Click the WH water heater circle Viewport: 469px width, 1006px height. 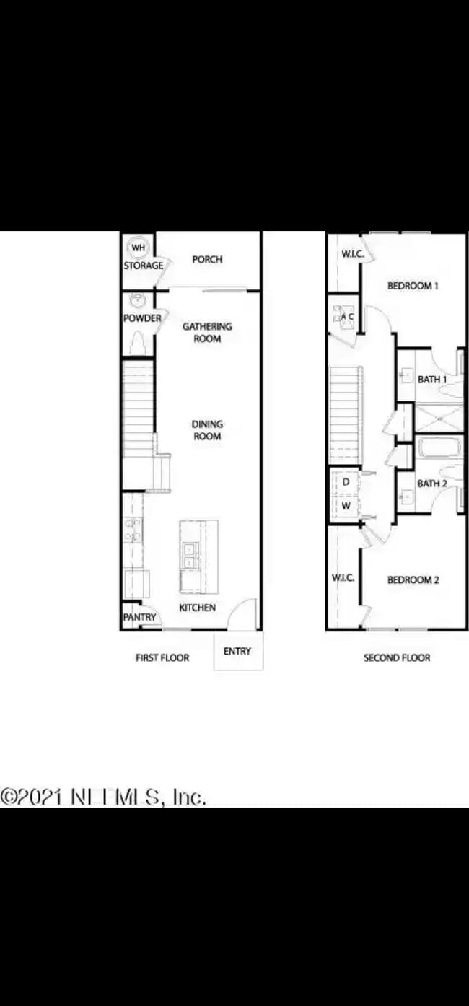(137, 248)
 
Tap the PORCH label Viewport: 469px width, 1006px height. (207, 260)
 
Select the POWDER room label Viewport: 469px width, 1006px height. (142, 318)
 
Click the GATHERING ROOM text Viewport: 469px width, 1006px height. (207, 332)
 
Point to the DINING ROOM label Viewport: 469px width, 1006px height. (207, 430)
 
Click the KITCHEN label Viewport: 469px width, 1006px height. (197, 608)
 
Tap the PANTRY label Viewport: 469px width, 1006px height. (139, 618)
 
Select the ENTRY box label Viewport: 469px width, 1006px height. (237, 652)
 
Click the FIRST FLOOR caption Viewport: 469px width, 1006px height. (162, 658)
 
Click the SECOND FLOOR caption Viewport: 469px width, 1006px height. (397, 658)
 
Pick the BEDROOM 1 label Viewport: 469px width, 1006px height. (413, 286)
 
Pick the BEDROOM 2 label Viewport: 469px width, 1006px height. (413, 580)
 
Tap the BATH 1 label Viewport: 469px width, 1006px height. (432, 380)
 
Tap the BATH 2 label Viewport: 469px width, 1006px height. (432, 484)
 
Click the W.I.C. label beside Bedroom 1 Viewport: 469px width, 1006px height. (352, 254)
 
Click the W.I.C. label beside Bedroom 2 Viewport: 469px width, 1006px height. (343, 578)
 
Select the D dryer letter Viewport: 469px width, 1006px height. (346, 481)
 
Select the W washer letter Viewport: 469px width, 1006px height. (346, 506)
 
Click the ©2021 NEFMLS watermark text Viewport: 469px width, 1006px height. (103, 797)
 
